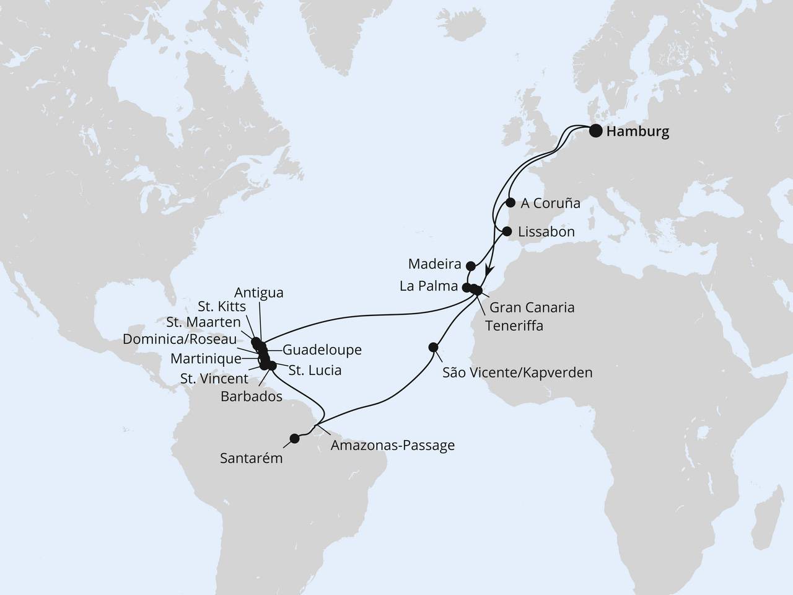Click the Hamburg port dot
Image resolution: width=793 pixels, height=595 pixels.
pyautogui.click(x=595, y=131)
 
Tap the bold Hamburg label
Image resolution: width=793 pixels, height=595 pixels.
pyautogui.click(x=637, y=132)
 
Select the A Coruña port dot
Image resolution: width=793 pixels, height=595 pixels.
pyautogui.click(x=510, y=202)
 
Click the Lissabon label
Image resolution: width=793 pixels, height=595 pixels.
pyautogui.click(x=546, y=232)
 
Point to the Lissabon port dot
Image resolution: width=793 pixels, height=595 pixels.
pyautogui.click(x=507, y=232)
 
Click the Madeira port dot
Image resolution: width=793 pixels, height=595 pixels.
pyautogui.click(x=470, y=266)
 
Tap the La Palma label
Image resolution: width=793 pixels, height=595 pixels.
pyautogui.click(x=434, y=287)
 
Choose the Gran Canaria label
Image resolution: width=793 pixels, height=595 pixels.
pyautogui.click(x=532, y=307)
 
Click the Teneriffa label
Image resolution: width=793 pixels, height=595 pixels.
pyautogui.click(x=514, y=325)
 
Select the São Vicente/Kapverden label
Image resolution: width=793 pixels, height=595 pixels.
pyautogui.click(x=517, y=372)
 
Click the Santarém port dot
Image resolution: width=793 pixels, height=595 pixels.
pyautogui.click(x=294, y=438)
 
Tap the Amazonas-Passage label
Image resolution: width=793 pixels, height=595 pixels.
pyautogui.click(x=392, y=445)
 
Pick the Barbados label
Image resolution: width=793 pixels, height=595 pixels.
pyautogui.click(x=251, y=397)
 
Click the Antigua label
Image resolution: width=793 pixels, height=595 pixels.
pyautogui.click(x=259, y=293)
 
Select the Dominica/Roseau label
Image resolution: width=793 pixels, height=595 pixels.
pyautogui.click(x=180, y=340)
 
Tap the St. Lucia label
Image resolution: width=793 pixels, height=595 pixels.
pyautogui.click(x=315, y=371)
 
